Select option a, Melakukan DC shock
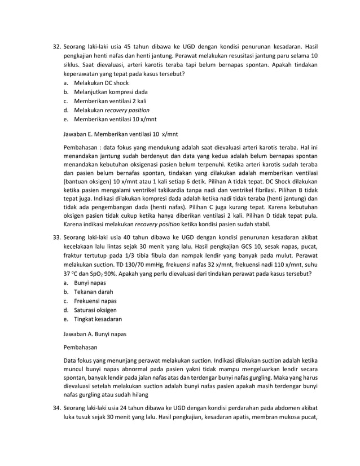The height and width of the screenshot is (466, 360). [101, 83]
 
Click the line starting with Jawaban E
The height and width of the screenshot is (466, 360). [120, 135]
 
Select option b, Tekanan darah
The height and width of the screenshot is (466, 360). [93, 292]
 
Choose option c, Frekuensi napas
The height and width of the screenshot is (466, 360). [95, 301]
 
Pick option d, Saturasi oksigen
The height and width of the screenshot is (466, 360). [95, 310]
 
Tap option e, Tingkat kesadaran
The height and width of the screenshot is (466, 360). [98, 319]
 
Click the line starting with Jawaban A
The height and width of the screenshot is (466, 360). [94, 334]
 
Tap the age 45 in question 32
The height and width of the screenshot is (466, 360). [128, 46]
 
